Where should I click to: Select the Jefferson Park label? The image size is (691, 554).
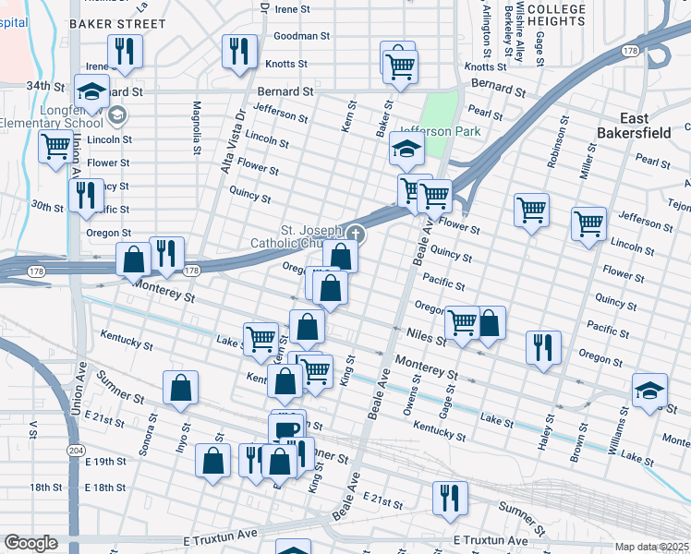pos(440,131)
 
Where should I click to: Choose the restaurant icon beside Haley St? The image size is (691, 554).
pos(543,347)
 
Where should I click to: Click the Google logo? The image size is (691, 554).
pos(30,543)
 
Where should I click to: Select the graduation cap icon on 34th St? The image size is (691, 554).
pos(92,91)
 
